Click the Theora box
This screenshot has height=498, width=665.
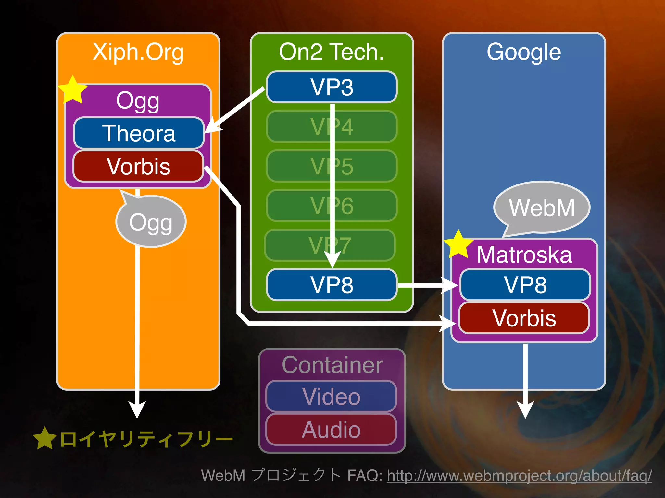pyautogui.click(x=139, y=133)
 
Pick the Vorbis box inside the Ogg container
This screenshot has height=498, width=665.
pyautogui.click(x=138, y=166)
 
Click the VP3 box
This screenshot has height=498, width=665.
pyautogui.click(x=332, y=87)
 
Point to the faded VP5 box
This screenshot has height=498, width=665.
pyautogui.click(x=332, y=166)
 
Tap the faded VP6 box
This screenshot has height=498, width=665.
pyautogui.click(x=332, y=206)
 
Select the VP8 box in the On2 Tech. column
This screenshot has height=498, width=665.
pyautogui.click(x=332, y=285)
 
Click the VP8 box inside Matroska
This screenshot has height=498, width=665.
pyautogui.click(x=525, y=285)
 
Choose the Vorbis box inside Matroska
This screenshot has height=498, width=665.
pyautogui.click(x=524, y=318)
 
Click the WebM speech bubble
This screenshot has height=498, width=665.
pyautogui.click(x=542, y=207)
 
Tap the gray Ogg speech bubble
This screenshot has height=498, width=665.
pyautogui.click(x=151, y=222)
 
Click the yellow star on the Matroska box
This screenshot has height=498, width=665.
pyautogui.click(x=458, y=245)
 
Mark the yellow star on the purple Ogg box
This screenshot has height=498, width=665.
pyautogui.click(x=73, y=90)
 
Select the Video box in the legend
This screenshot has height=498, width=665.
pyautogui.click(x=331, y=397)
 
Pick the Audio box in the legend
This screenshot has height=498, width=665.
pyautogui.click(x=331, y=430)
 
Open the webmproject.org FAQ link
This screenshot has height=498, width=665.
pyautogui.click(x=519, y=476)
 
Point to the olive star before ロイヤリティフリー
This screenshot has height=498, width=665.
pyautogui.click(x=45, y=438)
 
